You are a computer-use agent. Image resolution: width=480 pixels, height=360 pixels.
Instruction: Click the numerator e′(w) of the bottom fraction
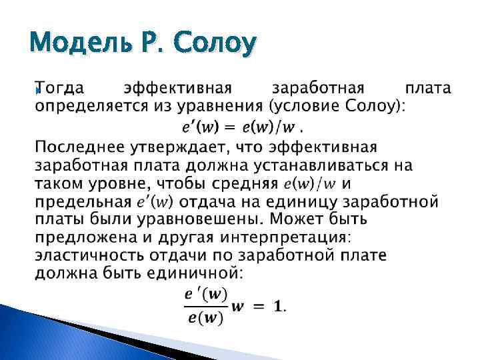click(x=204, y=293)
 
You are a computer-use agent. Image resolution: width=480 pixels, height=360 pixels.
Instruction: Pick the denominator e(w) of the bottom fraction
click(x=204, y=317)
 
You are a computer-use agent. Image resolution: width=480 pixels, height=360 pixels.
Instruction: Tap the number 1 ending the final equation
click(x=278, y=306)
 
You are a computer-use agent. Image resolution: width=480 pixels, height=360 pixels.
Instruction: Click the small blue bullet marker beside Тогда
click(x=38, y=91)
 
